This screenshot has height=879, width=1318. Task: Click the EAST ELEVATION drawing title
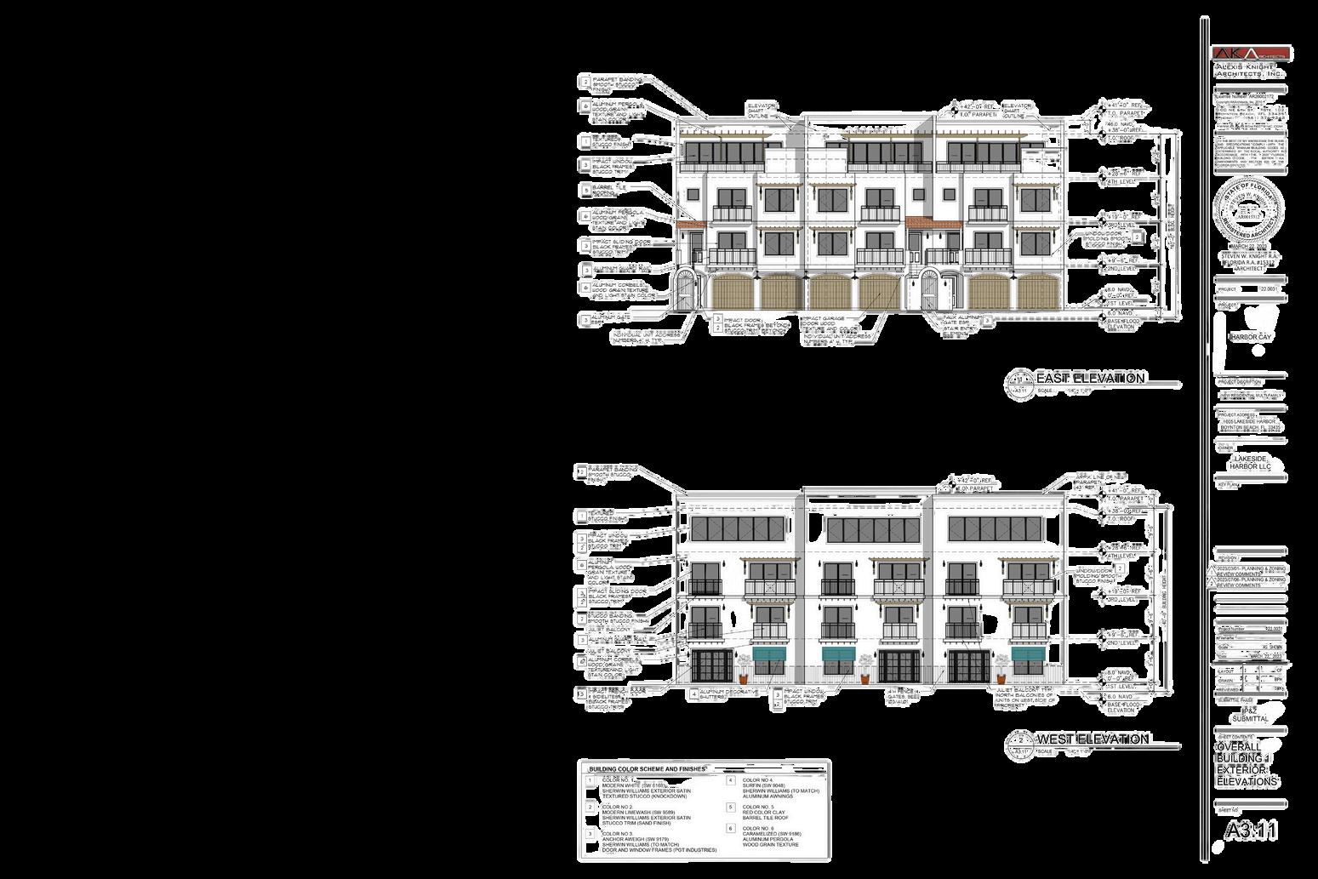(x=1089, y=378)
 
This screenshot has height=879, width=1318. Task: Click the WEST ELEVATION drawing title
(x=1092, y=739)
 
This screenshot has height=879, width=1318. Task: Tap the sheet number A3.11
(x=1251, y=830)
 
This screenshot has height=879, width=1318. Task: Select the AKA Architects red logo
(x=1251, y=54)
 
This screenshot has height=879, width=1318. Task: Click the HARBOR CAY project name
(x=1249, y=337)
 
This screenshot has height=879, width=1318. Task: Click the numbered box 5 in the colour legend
(x=731, y=808)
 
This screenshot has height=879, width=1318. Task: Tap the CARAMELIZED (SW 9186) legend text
(x=771, y=834)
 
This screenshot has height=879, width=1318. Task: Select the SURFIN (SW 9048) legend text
(x=763, y=785)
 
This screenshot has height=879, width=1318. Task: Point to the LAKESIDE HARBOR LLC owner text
(x=1249, y=463)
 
